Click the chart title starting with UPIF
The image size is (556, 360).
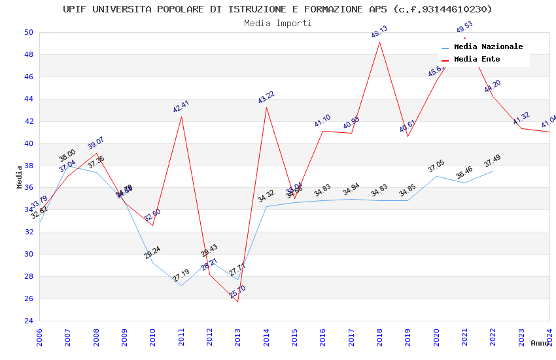click(277, 9)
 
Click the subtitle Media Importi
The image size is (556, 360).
click(277, 23)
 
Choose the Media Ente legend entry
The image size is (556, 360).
click(477, 59)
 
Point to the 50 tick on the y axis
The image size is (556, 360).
click(29, 32)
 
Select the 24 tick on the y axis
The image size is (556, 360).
click(29, 321)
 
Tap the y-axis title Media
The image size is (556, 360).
click(20, 177)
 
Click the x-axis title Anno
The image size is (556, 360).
click(540, 343)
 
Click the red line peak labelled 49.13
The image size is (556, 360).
click(379, 42)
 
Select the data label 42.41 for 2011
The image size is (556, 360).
click(181, 107)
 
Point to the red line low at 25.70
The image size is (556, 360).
click(237, 302)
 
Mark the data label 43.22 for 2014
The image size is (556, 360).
click(266, 98)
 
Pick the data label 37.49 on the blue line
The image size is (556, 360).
click(493, 161)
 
